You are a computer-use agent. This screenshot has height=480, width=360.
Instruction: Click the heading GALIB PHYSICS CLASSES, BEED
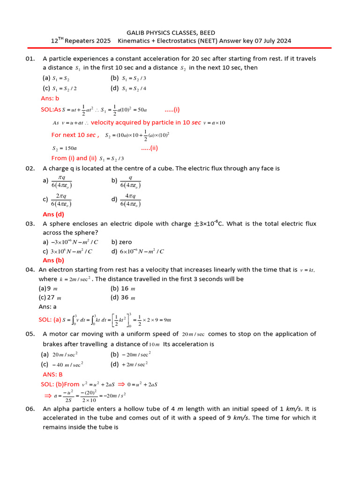tap(171, 32)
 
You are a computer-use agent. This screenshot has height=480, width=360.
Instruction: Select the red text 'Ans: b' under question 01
tap(50, 98)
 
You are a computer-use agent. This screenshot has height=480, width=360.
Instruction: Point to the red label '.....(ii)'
tap(150, 148)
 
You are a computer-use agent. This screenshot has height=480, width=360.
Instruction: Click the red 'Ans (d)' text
tap(53, 214)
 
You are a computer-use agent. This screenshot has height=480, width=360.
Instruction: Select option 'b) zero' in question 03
tap(121, 242)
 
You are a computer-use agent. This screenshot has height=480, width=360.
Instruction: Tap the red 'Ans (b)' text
tap(53, 260)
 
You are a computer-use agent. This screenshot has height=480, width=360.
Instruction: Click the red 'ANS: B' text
tap(52, 375)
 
